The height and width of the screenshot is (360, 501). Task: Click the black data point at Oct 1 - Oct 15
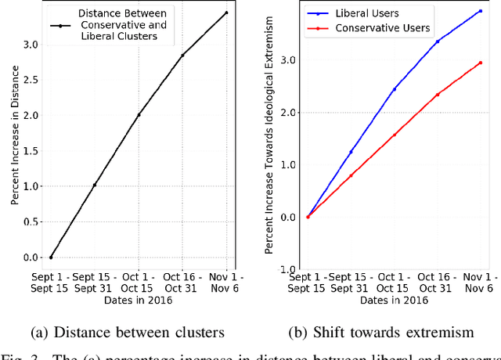tap(139, 115)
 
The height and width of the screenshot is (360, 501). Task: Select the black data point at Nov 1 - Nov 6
tap(227, 13)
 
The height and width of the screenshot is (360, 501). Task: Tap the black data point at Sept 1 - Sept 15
tap(51, 257)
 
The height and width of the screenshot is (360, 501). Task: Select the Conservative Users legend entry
tap(382, 28)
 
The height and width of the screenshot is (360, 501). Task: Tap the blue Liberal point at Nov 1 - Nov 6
tap(480, 11)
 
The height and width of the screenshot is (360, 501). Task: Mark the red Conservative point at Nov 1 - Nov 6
tap(480, 63)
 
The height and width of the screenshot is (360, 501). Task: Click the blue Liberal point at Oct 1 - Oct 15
tap(394, 89)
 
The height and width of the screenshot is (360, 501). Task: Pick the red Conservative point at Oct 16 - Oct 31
tap(437, 95)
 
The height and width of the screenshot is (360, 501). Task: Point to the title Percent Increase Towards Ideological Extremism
tap(269, 138)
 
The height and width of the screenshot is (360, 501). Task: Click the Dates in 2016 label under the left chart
tap(139, 300)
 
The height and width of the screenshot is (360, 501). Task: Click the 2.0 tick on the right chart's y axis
tap(289, 113)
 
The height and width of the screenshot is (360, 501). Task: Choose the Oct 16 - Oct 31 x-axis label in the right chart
tap(437, 282)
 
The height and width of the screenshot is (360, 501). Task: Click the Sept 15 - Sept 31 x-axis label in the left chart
tap(94, 282)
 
